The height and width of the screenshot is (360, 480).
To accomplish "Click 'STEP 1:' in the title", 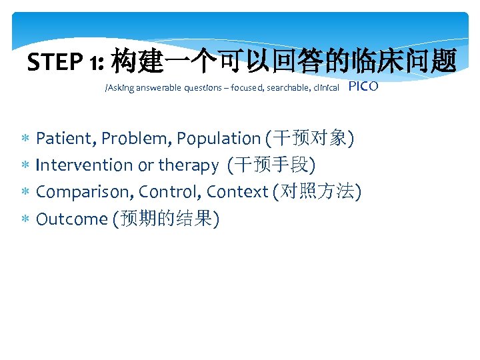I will pos(66,63).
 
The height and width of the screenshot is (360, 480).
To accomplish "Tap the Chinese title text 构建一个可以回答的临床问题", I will pos(283,62).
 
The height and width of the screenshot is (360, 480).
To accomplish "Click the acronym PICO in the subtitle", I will pos(363,86).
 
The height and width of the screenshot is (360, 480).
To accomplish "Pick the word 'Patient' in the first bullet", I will pos(67,139).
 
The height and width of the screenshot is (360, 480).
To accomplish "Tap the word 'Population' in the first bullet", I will pos(219,139).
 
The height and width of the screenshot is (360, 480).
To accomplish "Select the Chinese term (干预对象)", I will pos(309,139).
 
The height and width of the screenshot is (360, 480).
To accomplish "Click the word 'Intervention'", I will pos(85,165).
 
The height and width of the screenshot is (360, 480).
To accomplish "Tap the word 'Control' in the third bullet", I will pos(171,192).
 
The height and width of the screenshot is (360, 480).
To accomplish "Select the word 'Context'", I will pos(237,192).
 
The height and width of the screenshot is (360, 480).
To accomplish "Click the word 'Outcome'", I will pos(71,219).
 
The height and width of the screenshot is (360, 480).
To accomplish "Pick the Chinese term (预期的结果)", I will pos(167,219).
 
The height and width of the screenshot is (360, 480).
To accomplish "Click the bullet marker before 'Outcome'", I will pos(25,219).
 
